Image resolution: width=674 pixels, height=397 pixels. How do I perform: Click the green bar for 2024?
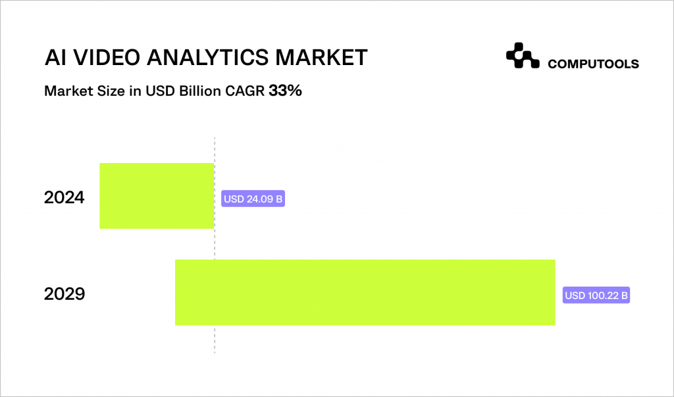pos(157,196)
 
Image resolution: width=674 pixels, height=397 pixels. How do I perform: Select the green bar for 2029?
pos(365,292)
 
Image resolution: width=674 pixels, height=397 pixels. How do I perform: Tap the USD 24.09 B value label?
pos(253,199)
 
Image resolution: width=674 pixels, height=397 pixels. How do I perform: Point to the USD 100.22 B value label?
pos(596,296)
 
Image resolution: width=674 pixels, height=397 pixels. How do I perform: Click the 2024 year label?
pos(65,197)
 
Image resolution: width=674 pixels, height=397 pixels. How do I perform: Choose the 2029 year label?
pos(65,294)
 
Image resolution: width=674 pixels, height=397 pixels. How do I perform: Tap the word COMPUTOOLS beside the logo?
pos(593,64)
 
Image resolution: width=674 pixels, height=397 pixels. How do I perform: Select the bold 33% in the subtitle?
pos(285,91)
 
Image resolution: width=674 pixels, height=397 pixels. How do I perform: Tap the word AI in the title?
pos(54,57)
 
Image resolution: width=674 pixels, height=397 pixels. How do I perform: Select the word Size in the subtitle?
pos(101,91)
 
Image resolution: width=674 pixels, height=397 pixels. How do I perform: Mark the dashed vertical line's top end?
pos(215,139)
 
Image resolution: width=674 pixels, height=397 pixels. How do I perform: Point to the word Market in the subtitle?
pos(64,91)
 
